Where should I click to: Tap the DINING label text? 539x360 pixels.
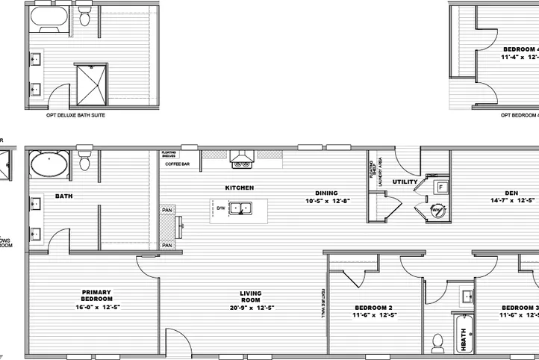[327, 192]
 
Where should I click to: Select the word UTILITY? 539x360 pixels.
[405, 181]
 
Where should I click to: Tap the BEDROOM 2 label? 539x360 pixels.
[373, 308]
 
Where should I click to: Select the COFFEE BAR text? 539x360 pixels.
[178, 164]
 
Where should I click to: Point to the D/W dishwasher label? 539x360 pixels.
[222, 208]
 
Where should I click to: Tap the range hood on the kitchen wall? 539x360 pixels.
[242, 159]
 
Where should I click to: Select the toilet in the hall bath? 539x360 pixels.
[439, 343]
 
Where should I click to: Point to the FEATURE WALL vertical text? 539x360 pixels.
[323, 302]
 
